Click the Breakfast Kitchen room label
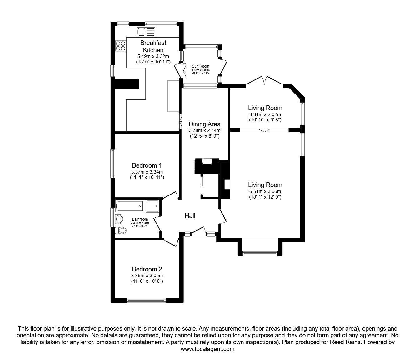(153, 46)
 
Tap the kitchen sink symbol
(146, 32)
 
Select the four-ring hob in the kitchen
(121, 46)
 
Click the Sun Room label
(200, 66)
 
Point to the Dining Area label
(204, 124)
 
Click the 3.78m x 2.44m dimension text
(204, 130)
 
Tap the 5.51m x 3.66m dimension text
(265, 191)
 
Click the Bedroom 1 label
(147, 165)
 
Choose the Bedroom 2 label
(147, 269)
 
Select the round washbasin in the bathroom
(119, 219)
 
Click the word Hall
(190, 216)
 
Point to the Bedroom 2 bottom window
(146, 300)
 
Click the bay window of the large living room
(260, 253)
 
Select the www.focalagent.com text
(207, 349)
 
